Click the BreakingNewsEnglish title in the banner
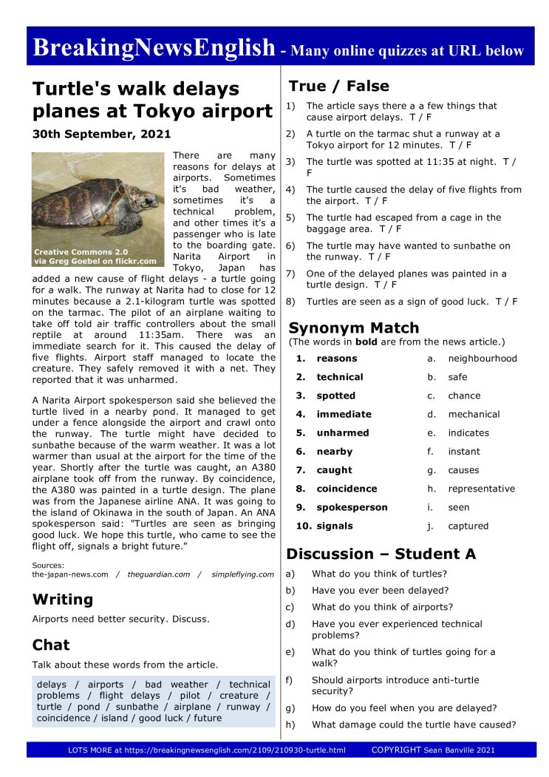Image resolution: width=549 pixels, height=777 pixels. click(x=154, y=47)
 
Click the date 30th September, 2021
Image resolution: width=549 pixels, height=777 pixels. click(x=101, y=135)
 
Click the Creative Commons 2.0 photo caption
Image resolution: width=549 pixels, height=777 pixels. click(x=95, y=256)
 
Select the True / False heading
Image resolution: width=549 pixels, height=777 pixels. click(x=338, y=86)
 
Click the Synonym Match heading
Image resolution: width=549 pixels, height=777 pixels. click(x=353, y=328)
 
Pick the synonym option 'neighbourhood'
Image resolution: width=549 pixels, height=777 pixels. click(x=482, y=359)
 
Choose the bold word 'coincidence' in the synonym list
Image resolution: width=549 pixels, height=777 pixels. click(x=347, y=489)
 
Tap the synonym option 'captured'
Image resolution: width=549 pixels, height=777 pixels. click(x=468, y=526)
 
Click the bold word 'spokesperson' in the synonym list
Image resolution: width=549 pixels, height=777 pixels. click(x=352, y=507)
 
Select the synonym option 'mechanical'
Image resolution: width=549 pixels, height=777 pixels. click(x=474, y=414)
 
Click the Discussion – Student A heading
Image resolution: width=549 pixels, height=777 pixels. click(x=381, y=554)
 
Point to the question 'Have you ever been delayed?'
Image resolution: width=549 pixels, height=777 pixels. click(x=380, y=590)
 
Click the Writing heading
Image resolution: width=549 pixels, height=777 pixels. click(x=63, y=600)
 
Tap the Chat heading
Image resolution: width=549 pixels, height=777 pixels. click(x=51, y=645)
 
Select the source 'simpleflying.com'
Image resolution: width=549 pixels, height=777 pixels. click(x=242, y=574)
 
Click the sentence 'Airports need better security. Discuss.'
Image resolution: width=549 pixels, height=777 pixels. click(x=120, y=619)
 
